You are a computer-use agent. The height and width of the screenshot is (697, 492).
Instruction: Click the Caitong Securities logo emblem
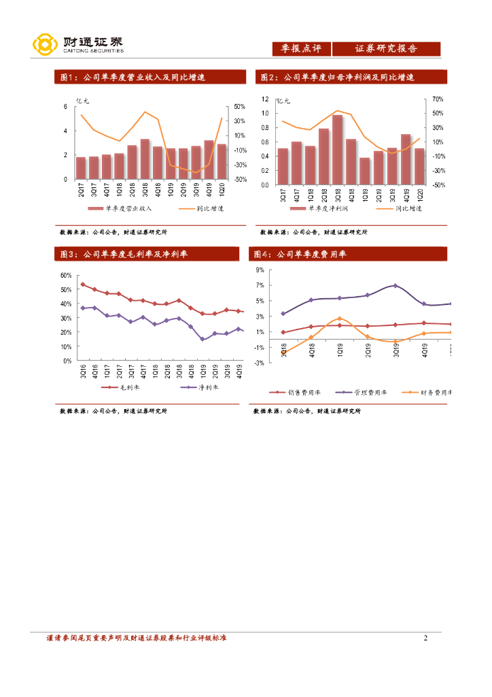[45, 45]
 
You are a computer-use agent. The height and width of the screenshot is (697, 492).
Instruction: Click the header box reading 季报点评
[301, 49]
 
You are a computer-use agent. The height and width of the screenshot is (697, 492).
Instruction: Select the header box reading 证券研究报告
[386, 49]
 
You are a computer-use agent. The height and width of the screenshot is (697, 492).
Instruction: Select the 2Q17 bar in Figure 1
[81, 168]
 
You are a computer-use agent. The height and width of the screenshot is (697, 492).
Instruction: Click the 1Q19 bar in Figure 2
[365, 171]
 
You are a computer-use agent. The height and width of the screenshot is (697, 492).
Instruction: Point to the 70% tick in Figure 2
[438, 99]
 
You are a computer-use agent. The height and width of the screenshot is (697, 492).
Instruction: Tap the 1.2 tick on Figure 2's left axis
[265, 99]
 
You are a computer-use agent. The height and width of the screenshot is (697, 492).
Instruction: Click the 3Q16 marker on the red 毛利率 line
[83, 285]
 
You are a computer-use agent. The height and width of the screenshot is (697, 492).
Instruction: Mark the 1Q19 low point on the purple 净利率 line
[203, 339]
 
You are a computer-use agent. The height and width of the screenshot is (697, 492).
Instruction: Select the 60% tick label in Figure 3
[66, 276]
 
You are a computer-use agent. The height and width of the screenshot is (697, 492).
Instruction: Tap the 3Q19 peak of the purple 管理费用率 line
[396, 286]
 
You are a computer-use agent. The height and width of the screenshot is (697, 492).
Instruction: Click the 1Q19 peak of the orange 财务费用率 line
[340, 319]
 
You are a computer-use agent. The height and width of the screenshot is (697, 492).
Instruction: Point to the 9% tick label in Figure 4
[260, 270]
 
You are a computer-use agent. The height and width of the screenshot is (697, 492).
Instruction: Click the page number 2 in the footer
[425, 638]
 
